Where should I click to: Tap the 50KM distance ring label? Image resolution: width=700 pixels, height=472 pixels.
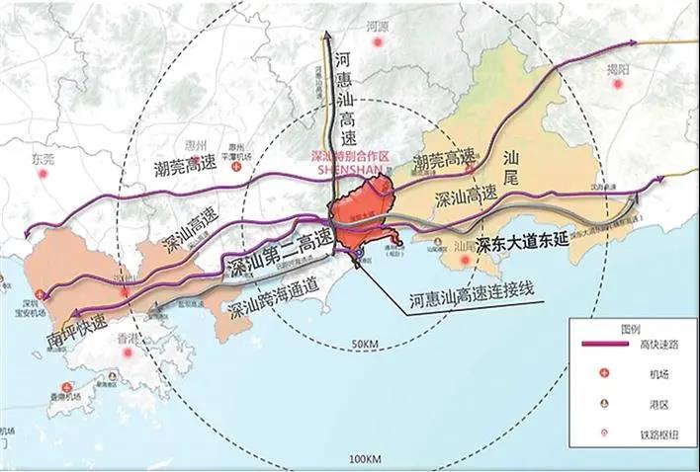click(366, 343)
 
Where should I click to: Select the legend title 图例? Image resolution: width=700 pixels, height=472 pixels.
click(631, 330)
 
